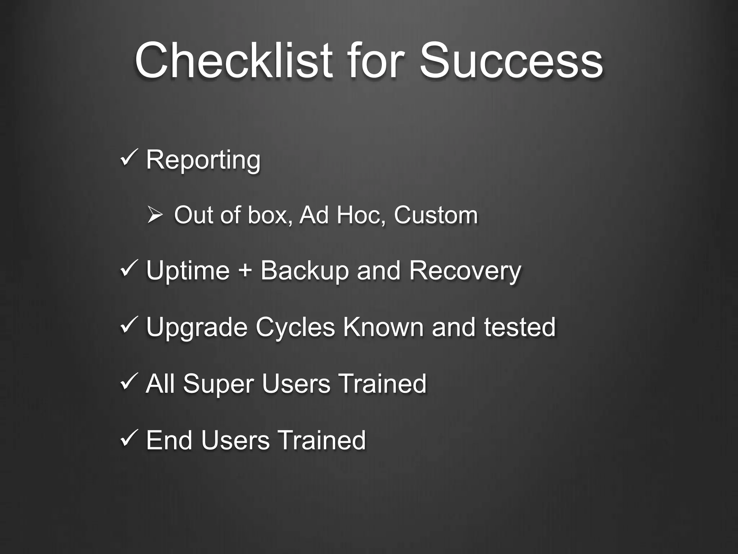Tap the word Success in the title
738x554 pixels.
click(511, 60)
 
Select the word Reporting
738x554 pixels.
click(203, 160)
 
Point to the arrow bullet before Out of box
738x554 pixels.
click(155, 215)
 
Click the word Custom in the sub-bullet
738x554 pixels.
click(436, 215)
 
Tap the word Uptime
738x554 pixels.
click(188, 271)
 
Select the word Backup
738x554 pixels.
click(304, 271)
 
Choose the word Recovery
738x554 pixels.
click(465, 271)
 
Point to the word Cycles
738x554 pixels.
click(295, 327)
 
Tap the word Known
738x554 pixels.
click(383, 327)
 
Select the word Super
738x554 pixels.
click(218, 384)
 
